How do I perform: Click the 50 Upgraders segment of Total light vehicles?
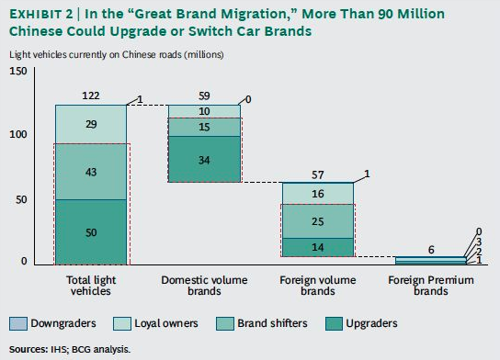(91, 232)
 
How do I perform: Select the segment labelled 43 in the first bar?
(91, 172)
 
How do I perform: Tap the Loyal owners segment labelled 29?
(91, 125)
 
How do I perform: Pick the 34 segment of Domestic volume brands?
(204, 159)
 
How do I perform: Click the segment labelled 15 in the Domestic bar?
(204, 128)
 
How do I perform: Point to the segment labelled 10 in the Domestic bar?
(204, 112)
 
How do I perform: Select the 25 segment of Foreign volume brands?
(318, 221)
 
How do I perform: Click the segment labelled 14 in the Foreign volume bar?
(318, 247)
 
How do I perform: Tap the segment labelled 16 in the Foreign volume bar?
(318, 194)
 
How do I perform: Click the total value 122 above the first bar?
(91, 96)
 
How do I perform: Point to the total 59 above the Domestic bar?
(204, 96)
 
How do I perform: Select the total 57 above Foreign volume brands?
(318, 174)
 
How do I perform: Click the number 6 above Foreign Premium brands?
(431, 250)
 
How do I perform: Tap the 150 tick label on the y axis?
(18, 71)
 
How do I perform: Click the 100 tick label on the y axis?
(18, 134)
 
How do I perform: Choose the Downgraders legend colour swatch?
(18, 323)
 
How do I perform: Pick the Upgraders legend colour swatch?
(335, 323)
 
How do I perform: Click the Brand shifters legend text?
(272, 323)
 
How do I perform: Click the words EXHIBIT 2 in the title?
(41, 14)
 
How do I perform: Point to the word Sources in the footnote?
(28, 350)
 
